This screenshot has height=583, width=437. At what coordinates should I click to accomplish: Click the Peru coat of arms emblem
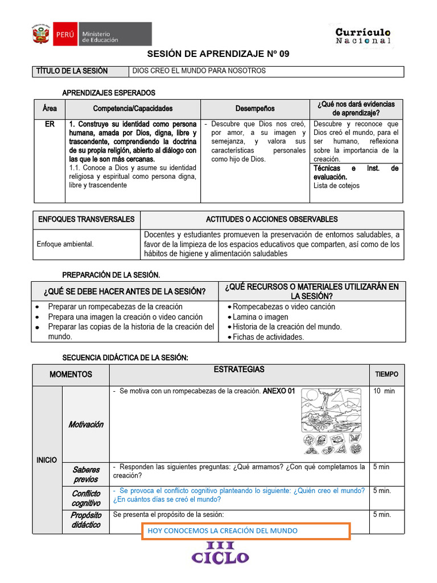click(x=40, y=35)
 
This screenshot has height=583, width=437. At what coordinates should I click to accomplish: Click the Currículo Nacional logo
click(x=363, y=36)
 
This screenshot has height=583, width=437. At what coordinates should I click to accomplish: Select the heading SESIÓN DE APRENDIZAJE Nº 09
click(x=218, y=54)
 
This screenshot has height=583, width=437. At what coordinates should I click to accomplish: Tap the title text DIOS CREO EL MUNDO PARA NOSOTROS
click(x=199, y=71)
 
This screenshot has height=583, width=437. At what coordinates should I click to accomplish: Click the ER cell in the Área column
click(x=50, y=124)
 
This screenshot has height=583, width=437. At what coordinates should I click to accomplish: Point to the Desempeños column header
click(x=255, y=108)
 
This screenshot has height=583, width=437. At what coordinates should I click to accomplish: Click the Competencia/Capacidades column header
click(x=133, y=108)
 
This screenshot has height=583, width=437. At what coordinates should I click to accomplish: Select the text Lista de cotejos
click(x=336, y=186)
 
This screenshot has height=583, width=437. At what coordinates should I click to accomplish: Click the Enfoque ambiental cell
click(x=65, y=244)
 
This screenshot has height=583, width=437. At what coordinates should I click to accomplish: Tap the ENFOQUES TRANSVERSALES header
click(x=86, y=219)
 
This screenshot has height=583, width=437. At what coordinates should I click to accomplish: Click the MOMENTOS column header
click(x=71, y=374)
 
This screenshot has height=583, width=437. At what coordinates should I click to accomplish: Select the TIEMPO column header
click(x=386, y=374)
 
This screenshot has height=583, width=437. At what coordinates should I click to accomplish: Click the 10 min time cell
click(x=384, y=391)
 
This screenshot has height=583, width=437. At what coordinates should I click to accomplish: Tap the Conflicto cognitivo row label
click(x=86, y=498)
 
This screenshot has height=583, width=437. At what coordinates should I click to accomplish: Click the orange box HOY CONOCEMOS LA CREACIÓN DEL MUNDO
click(x=245, y=531)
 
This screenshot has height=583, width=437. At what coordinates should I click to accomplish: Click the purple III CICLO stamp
click(x=220, y=552)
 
